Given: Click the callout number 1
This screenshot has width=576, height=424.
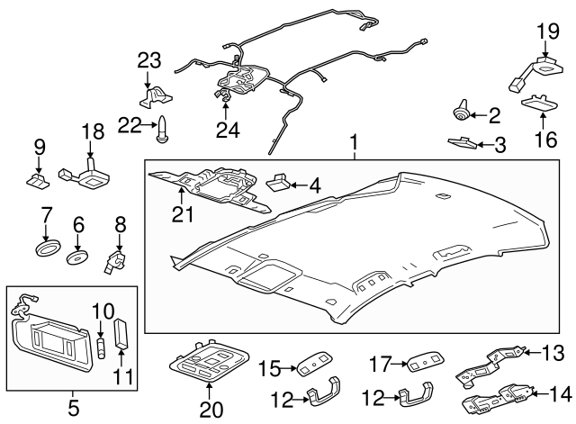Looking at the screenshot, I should coord(354,142).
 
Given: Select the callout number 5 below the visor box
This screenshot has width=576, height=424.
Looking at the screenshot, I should coord(73,408).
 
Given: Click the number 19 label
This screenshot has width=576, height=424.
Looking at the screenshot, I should coord(548,32).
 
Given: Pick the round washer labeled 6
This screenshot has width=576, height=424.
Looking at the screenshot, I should coord(78,256).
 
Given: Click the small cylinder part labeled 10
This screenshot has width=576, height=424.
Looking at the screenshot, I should coord(102,343).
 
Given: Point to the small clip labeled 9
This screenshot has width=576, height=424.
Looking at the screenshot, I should coord(39,181).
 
